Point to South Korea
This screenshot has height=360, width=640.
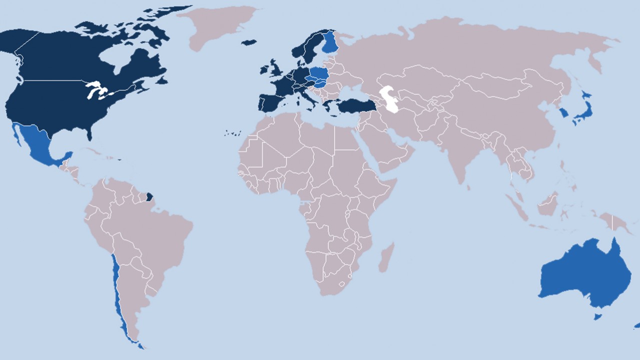click(564, 113)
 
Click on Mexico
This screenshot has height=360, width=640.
click(38, 143)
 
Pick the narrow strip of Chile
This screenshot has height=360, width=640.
click(117, 290)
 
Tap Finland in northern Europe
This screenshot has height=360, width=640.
click(330, 43)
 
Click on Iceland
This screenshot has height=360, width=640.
click(249, 42)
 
